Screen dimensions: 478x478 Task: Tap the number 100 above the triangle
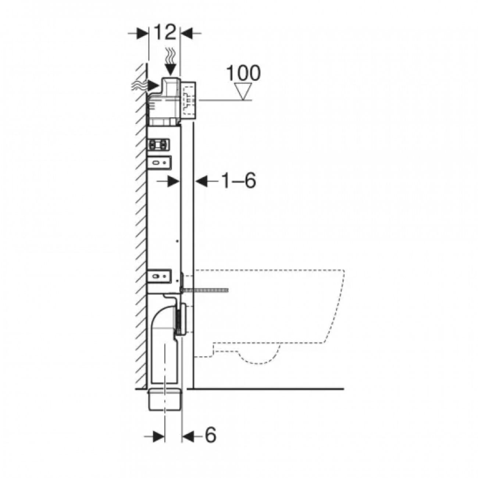click(x=243, y=73)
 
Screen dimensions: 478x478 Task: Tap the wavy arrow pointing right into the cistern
click(x=147, y=86)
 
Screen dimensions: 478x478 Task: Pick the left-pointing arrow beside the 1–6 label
click(x=207, y=181)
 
